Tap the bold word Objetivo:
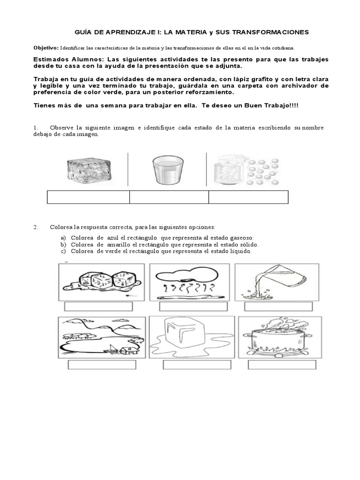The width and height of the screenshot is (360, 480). pos(46,48)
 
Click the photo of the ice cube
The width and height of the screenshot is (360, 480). pos(89,169)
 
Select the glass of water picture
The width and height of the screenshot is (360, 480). pos(168,170)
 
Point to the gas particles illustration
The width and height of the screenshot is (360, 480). pos(247,171)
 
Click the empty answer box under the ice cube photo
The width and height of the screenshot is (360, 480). pos(89,197)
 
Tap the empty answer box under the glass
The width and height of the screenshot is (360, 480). pos(169,197)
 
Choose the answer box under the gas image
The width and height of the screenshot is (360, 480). pos(248,197)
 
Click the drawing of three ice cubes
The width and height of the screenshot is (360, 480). pos(102,282)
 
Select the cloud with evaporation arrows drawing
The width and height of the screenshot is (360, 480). pos(189,282)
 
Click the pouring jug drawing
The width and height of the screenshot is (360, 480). pos(277,282)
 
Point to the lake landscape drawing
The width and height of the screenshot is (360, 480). pos(102,337)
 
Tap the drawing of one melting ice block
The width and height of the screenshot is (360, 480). pos(192,337)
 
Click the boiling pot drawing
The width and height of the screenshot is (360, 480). pos(280,337)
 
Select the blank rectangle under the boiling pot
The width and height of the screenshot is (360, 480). pos(282,365)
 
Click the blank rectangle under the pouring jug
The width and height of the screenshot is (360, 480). pos(278,307)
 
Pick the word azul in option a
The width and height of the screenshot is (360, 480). pos(112,238)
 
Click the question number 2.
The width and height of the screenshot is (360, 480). pos(36,227)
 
